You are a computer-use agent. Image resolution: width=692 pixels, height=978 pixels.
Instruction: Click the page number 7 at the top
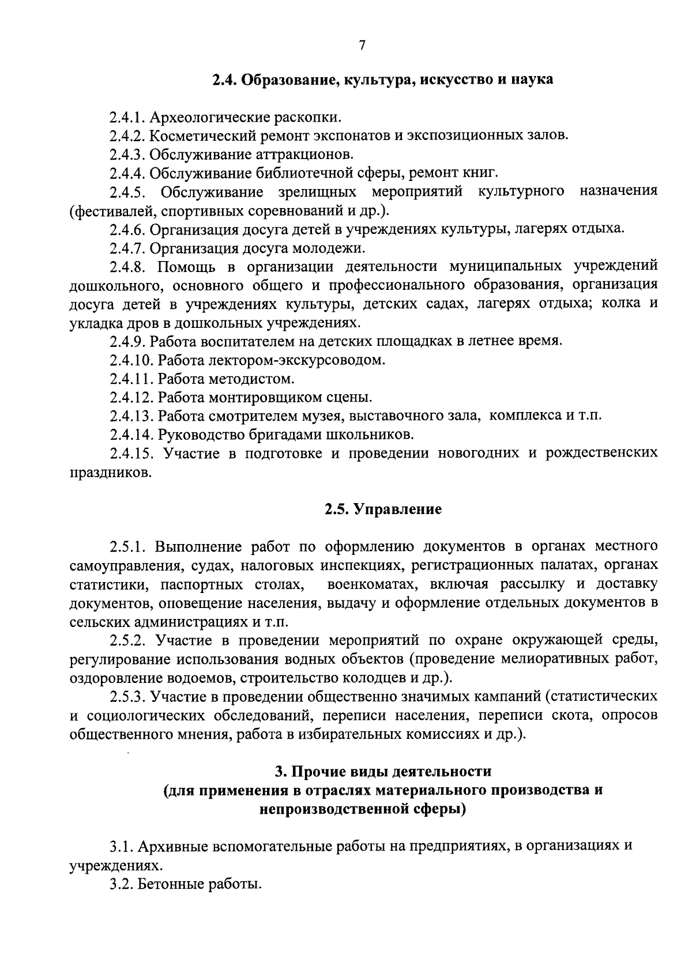click(362, 46)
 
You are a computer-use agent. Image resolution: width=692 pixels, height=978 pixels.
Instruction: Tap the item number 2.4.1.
click(128, 118)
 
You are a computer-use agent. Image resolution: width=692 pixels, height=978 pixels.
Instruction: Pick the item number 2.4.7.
click(128, 248)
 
